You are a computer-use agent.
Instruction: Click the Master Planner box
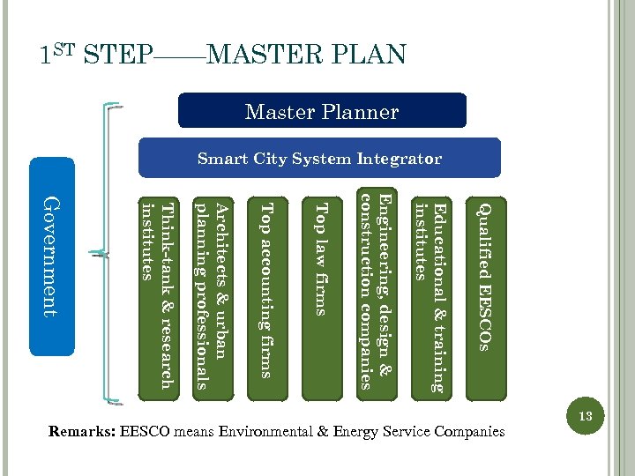coord(322,111)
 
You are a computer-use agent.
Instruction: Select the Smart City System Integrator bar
coord(319,159)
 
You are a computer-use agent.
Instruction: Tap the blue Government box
coord(51,257)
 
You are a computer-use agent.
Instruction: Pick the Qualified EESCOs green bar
coord(481,292)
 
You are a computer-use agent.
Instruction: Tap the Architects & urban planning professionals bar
coord(213,292)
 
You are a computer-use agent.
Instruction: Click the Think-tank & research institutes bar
coord(160,292)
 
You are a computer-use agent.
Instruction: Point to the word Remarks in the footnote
coord(82,432)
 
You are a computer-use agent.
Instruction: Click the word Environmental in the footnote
coord(261,432)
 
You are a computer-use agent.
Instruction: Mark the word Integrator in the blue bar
coord(400,160)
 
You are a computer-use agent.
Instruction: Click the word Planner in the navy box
coord(357,112)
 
